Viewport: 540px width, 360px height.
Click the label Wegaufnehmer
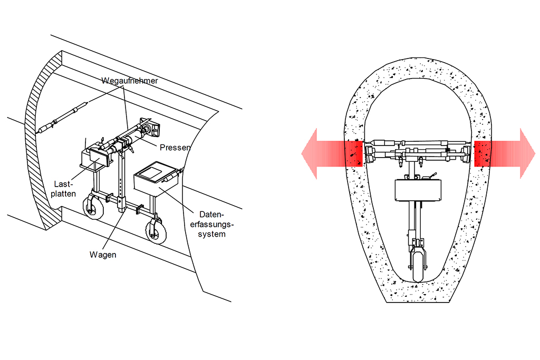point(130,81)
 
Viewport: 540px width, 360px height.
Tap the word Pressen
point(175,147)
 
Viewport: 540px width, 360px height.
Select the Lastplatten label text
point(63,189)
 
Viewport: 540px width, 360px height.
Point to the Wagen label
point(103,255)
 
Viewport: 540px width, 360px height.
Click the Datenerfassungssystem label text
point(212,224)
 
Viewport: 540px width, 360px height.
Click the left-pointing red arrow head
point(309,153)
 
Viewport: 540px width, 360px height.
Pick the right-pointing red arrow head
point(527,153)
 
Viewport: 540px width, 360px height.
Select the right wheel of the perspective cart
point(156,231)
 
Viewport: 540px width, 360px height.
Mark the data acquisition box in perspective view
point(157,179)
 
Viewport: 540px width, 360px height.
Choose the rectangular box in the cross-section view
point(418,190)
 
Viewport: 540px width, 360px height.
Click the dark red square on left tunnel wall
point(354,153)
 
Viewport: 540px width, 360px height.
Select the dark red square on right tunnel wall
point(483,153)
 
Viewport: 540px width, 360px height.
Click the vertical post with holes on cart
point(121,182)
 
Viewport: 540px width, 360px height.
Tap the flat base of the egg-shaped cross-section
point(418,303)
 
